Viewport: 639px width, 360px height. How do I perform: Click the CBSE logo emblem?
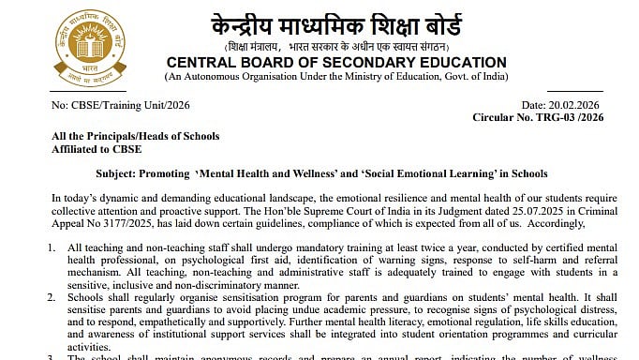pos(82,42)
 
